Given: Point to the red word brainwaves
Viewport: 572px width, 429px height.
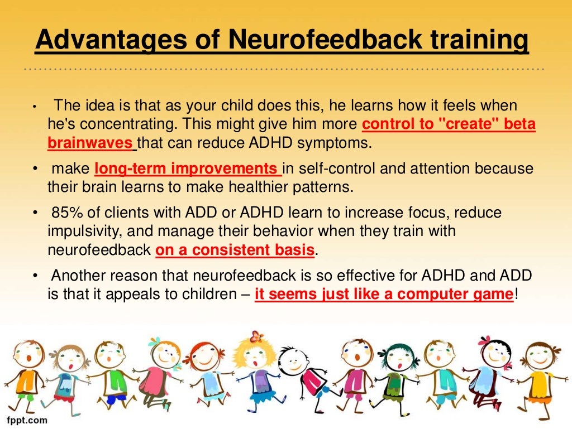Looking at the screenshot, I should (90, 143).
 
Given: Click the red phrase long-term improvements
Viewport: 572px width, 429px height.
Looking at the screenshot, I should (187, 168).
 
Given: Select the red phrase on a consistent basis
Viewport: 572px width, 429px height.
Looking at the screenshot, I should (235, 250).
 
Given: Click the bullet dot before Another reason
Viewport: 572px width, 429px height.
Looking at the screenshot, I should (35, 276).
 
